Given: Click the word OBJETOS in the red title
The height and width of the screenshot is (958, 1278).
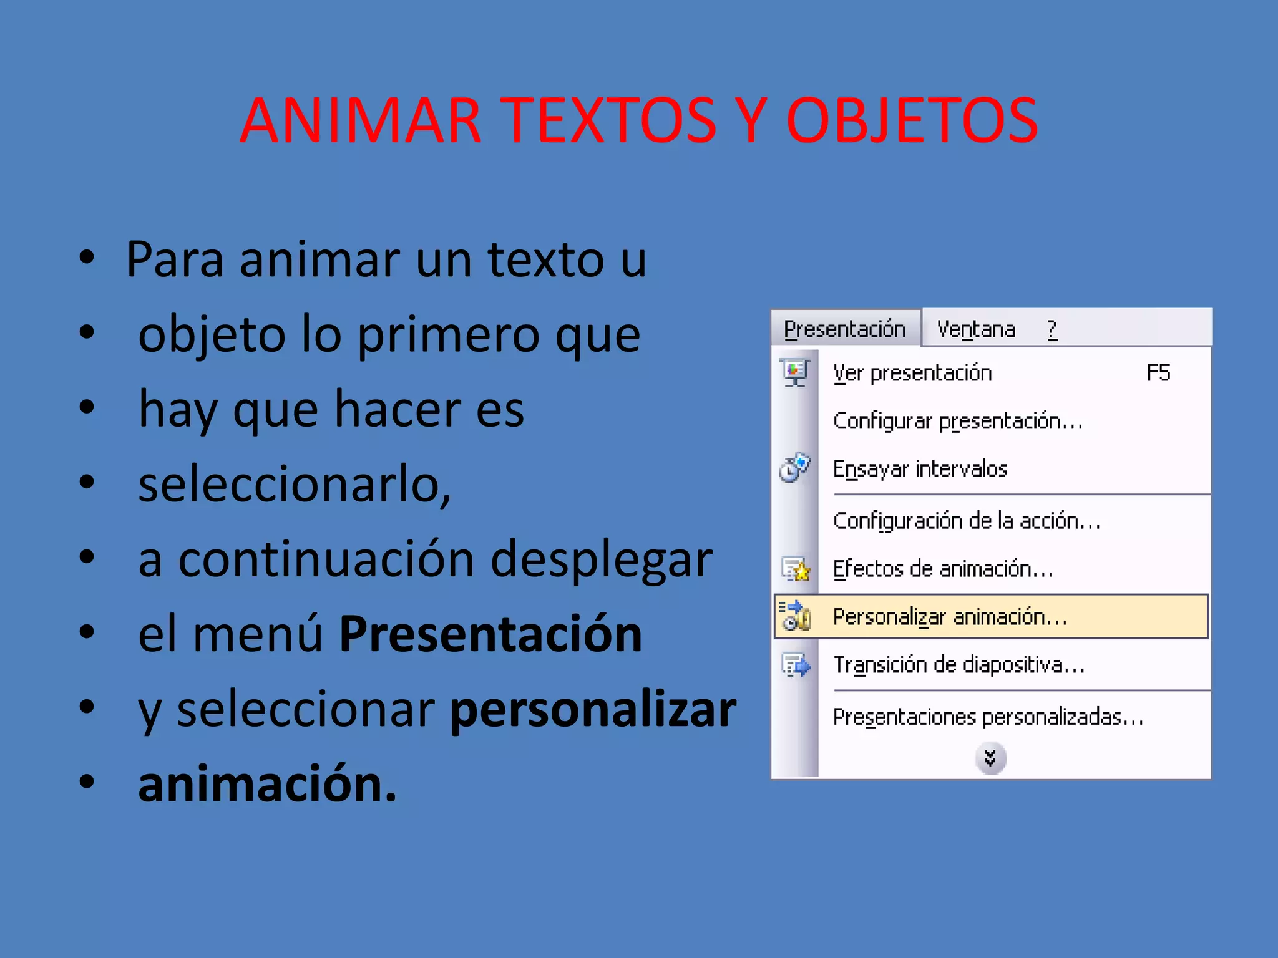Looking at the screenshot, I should pos(912,120).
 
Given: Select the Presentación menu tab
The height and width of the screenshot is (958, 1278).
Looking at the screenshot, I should pos(844,329).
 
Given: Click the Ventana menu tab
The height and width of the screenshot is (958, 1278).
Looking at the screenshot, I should pos(976,329).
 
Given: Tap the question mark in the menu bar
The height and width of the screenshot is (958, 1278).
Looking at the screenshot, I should pos(1052,329).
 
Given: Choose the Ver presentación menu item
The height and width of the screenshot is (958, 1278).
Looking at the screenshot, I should pos(912,373).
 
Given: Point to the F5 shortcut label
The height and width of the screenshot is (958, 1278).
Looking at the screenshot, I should pos(1158,373).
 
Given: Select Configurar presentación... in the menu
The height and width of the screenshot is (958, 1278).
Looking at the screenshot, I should pos(957,421).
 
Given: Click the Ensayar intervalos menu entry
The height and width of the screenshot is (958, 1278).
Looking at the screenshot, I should pos(920,468).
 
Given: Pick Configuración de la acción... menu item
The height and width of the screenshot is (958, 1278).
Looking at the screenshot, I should pos(966,521).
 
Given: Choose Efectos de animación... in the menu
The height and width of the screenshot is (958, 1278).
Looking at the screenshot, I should pos(943,569).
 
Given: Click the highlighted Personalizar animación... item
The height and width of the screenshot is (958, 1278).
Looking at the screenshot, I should pos(950,617).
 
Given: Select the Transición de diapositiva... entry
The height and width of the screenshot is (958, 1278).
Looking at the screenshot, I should pos(959,665).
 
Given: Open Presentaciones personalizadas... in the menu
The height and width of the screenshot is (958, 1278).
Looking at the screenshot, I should pos(988,717).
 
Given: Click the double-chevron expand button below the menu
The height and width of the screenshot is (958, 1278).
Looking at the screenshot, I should pos(990,758).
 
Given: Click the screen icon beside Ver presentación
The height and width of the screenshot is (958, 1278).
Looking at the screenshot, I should pos(795,373).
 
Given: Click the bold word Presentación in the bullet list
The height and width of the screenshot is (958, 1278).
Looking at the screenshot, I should pos(490,634).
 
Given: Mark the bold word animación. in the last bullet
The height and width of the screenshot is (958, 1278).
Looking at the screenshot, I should pos(267,784).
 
